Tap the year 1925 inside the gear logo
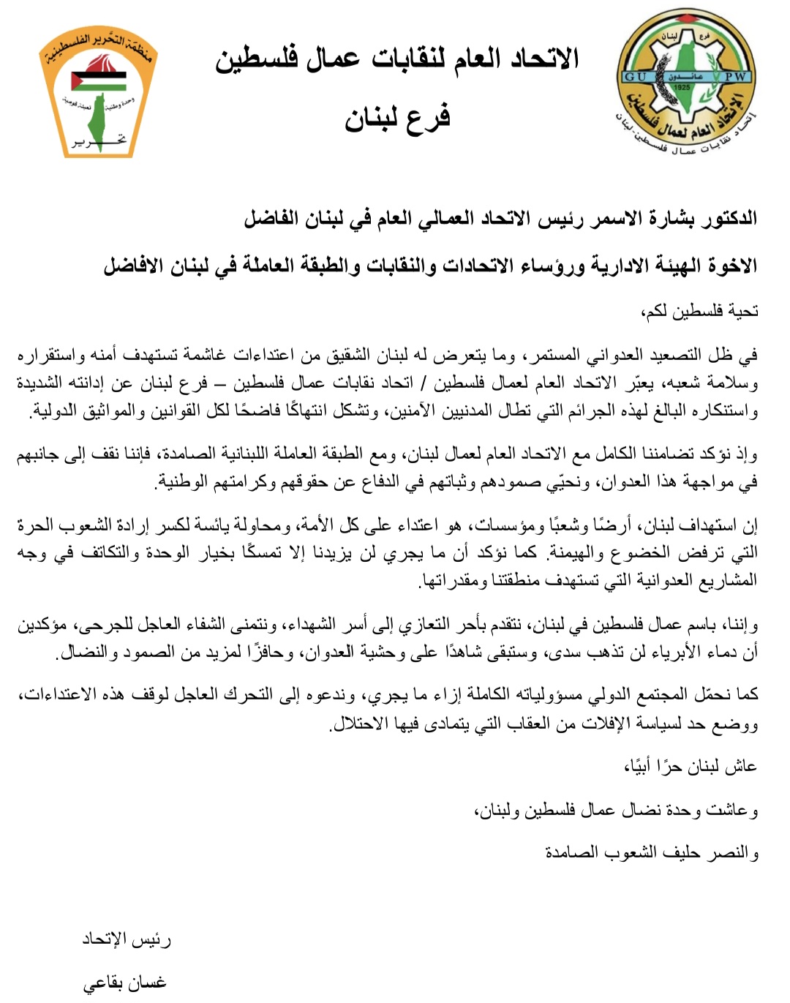click(x=682, y=87)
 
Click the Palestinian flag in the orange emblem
click(x=97, y=81)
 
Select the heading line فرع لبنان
click(x=397, y=119)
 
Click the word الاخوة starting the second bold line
click(x=728, y=265)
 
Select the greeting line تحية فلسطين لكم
click(x=700, y=312)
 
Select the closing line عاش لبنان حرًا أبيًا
click(x=691, y=766)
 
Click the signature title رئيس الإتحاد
click(x=127, y=939)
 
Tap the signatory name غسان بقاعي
click(x=124, y=983)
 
